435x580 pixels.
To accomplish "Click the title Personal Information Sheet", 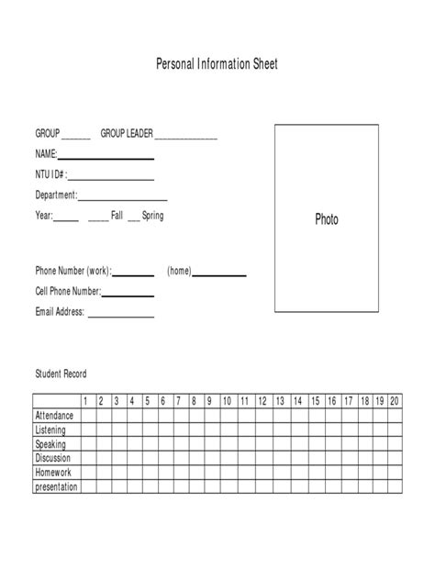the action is [x=217, y=64].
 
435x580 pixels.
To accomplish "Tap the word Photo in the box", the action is [x=327, y=219].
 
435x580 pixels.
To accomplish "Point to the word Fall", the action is [x=117, y=216].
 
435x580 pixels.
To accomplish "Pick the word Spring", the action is [x=153, y=216].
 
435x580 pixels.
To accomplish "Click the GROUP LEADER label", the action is [x=127, y=135].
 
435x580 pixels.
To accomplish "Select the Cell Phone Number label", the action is [x=67, y=292].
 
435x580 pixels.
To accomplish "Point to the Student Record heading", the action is [x=61, y=374].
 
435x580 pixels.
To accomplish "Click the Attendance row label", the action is [x=54, y=416].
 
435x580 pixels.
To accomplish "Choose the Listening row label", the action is [x=50, y=429].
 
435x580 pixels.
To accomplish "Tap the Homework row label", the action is [x=52, y=472].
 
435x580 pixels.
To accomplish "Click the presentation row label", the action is [x=56, y=486].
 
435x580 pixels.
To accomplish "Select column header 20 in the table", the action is [x=394, y=401].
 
